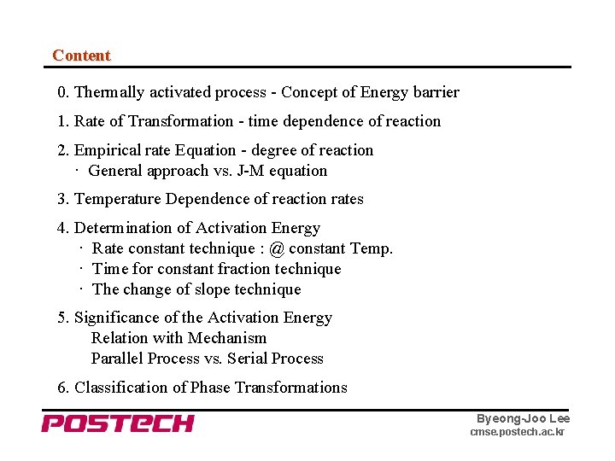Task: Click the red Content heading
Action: coord(81,55)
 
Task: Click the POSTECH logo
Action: coord(118,423)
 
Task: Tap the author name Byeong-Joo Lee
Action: coord(523,418)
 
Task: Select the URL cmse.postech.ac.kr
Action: coord(517,433)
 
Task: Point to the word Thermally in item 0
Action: coord(109,92)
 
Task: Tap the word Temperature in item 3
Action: coord(118,199)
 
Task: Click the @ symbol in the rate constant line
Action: coord(277,248)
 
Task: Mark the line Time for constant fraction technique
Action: coord(216,269)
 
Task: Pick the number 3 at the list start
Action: coord(61,199)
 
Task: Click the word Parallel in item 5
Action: coord(117,359)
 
